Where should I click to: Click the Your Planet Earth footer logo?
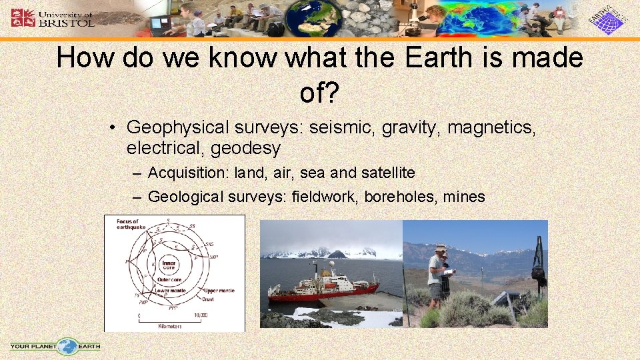click(x=56, y=346)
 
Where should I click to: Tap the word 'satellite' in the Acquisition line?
click(x=388, y=173)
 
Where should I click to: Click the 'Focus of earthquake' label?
click(x=129, y=225)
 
